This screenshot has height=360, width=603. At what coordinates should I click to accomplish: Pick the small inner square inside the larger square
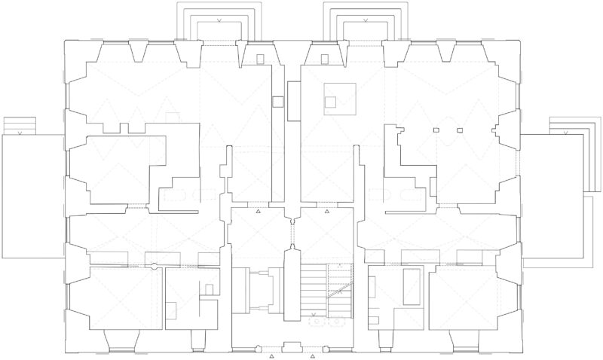(330, 99)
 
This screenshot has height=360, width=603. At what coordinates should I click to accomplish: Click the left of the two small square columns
(436, 131)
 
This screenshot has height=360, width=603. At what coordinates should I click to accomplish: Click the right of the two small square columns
(459, 131)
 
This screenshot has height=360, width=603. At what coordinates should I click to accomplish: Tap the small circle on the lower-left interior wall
(154, 265)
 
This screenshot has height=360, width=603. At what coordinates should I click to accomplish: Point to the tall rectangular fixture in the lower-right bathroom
(412, 285)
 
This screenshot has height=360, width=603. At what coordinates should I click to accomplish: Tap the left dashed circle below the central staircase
(317, 321)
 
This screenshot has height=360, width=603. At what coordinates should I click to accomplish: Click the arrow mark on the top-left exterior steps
(219, 20)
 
